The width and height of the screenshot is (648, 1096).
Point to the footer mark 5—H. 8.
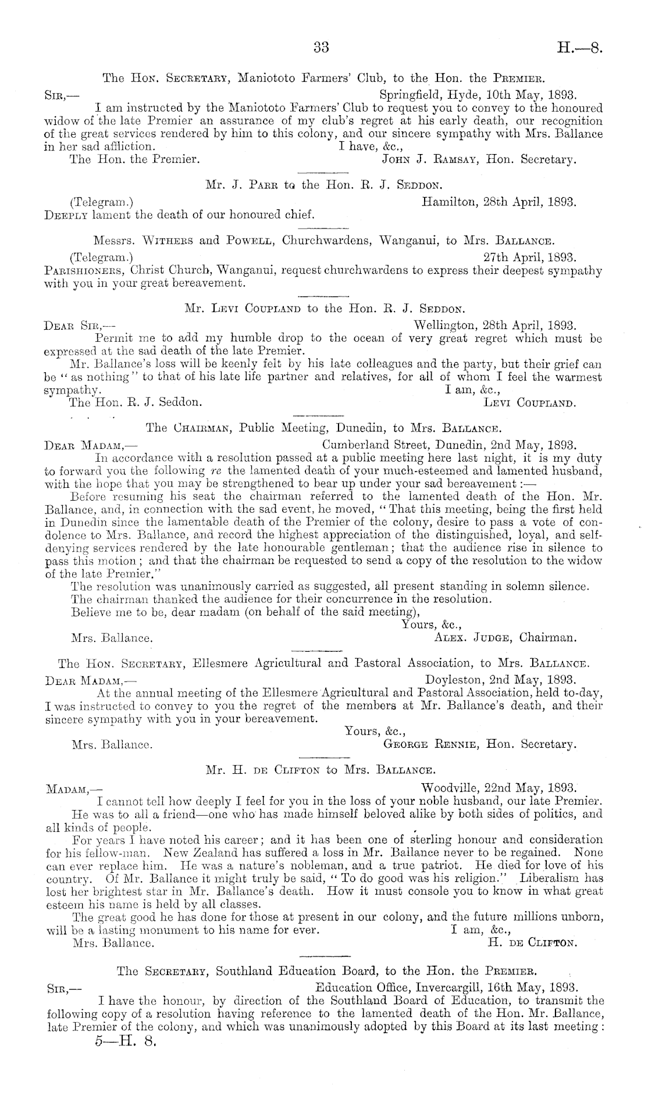(126, 1040)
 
